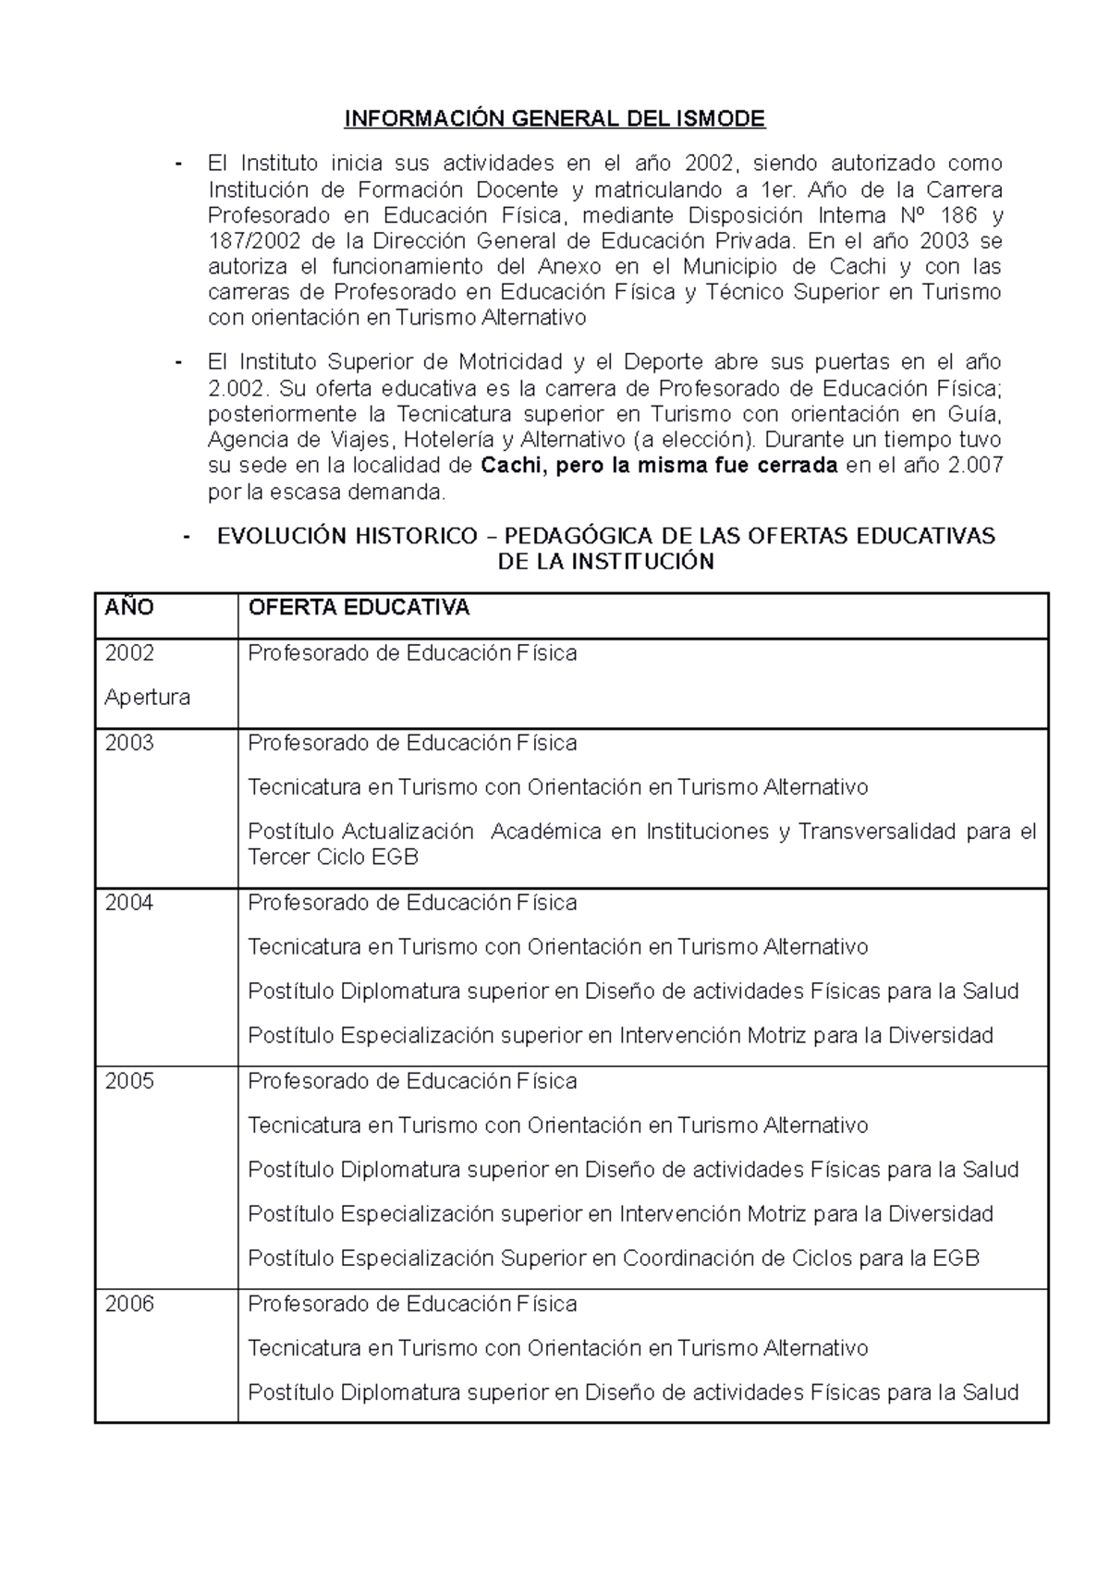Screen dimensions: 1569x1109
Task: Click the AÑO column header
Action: click(129, 607)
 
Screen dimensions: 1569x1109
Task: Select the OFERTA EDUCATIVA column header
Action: click(359, 607)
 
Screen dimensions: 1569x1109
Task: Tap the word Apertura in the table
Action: click(147, 698)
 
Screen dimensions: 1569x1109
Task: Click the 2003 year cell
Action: click(129, 743)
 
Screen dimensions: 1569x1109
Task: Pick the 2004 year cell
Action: click(129, 903)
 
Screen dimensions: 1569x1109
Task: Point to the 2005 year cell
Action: click(129, 1081)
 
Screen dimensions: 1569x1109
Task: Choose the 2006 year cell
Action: click(129, 1304)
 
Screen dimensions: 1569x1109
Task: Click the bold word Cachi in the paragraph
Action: click(516, 466)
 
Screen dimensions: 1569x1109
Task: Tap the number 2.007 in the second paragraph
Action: click(976, 466)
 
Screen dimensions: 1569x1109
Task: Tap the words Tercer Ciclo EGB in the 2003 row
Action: click(333, 857)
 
